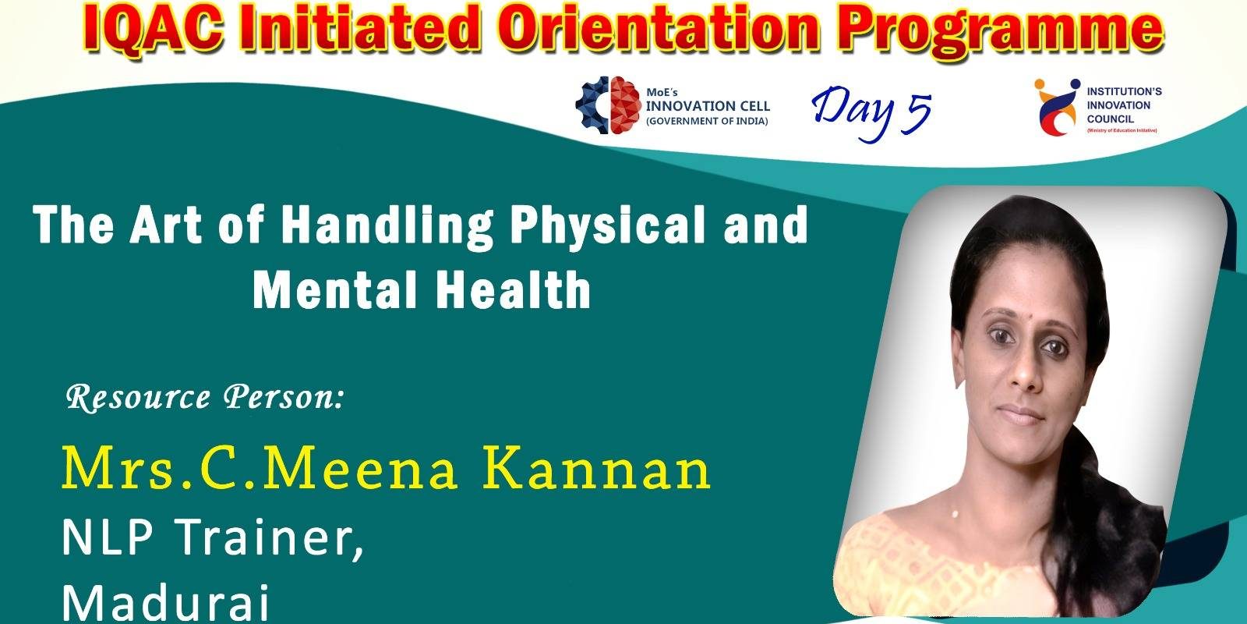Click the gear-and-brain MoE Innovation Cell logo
click(x=607, y=105)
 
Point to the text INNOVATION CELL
click(x=708, y=106)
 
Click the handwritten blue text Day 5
click(x=871, y=112)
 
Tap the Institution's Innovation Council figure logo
click(x=1056, y=106)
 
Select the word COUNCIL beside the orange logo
click(x=1110, y=119)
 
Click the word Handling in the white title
click(x=387, y=225)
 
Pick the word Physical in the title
click(x=610, y=225)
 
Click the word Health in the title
click(x=512, y=289)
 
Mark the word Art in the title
click(x=165, y=225)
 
